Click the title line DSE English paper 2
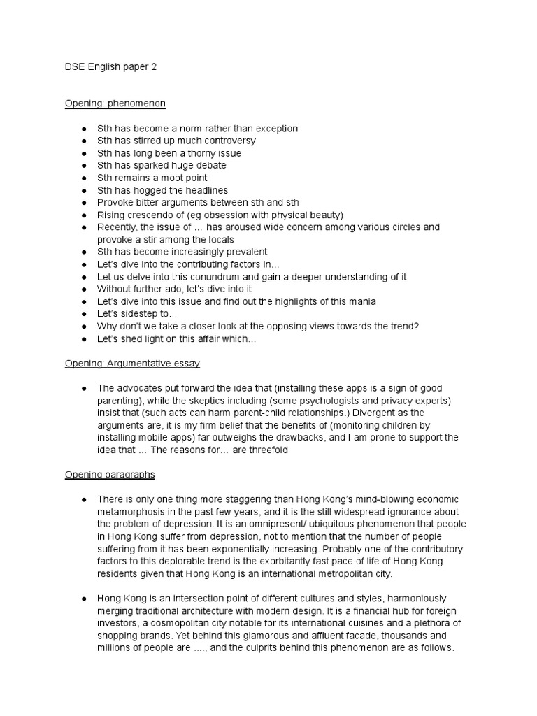click(x=112, y=67)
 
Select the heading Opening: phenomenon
click(x=115, y=103)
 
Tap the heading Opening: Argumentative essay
click(x=133, y=364)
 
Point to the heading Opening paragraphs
click(x=110, y=474)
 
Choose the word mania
click(x=362, y=301)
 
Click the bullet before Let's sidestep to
click(x=84, y=314)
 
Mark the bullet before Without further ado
click(x=84, y=289)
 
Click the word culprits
click(x=250, y=647)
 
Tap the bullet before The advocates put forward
click(x=84, y=388)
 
